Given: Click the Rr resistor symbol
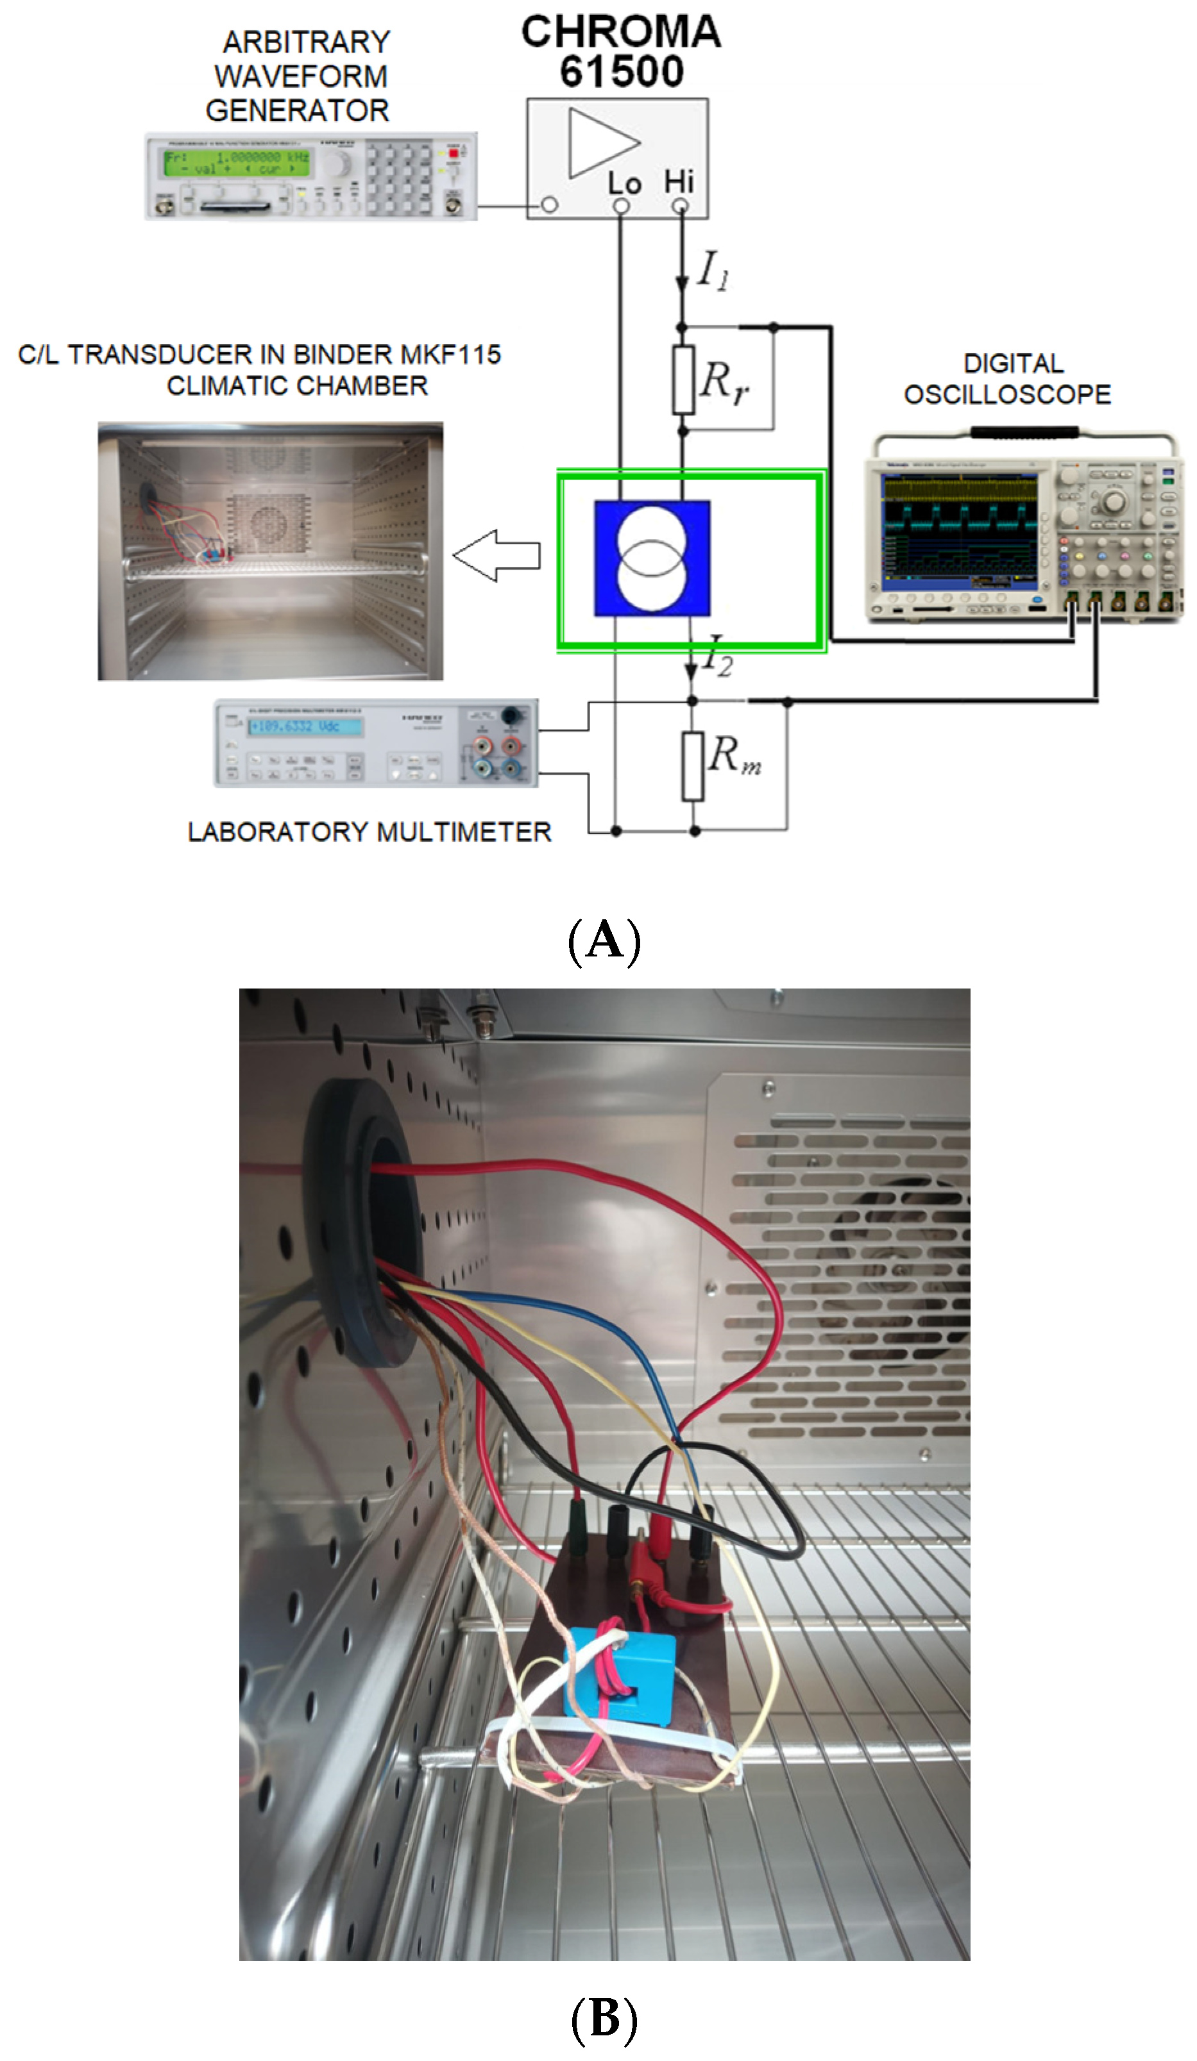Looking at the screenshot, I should pos(683,380).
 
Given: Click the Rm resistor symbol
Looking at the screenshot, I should pos(693,765).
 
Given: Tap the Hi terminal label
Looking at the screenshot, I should pos(679,181).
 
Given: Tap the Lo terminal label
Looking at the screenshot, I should pos(624,183).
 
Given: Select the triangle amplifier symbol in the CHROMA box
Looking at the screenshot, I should pos(601,142).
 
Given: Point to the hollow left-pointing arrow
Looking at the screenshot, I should pos(497,555).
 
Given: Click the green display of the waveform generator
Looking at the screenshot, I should pos(237,162).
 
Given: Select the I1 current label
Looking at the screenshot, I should pos(713,270).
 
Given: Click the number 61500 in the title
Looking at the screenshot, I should pos(622,72).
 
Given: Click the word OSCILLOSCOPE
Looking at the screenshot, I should pos(1007,395).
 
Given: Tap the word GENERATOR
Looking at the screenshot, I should pos(297,110).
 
